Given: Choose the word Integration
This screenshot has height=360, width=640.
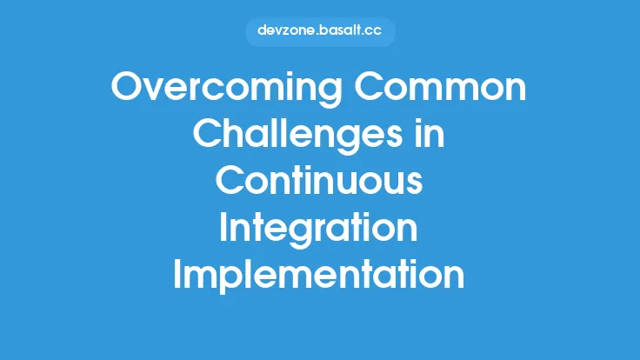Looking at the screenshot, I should coord(319,227).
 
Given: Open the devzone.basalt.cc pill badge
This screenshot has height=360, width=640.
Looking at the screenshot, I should coord(320,31).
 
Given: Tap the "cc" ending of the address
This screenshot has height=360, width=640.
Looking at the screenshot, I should coord(375,31).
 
